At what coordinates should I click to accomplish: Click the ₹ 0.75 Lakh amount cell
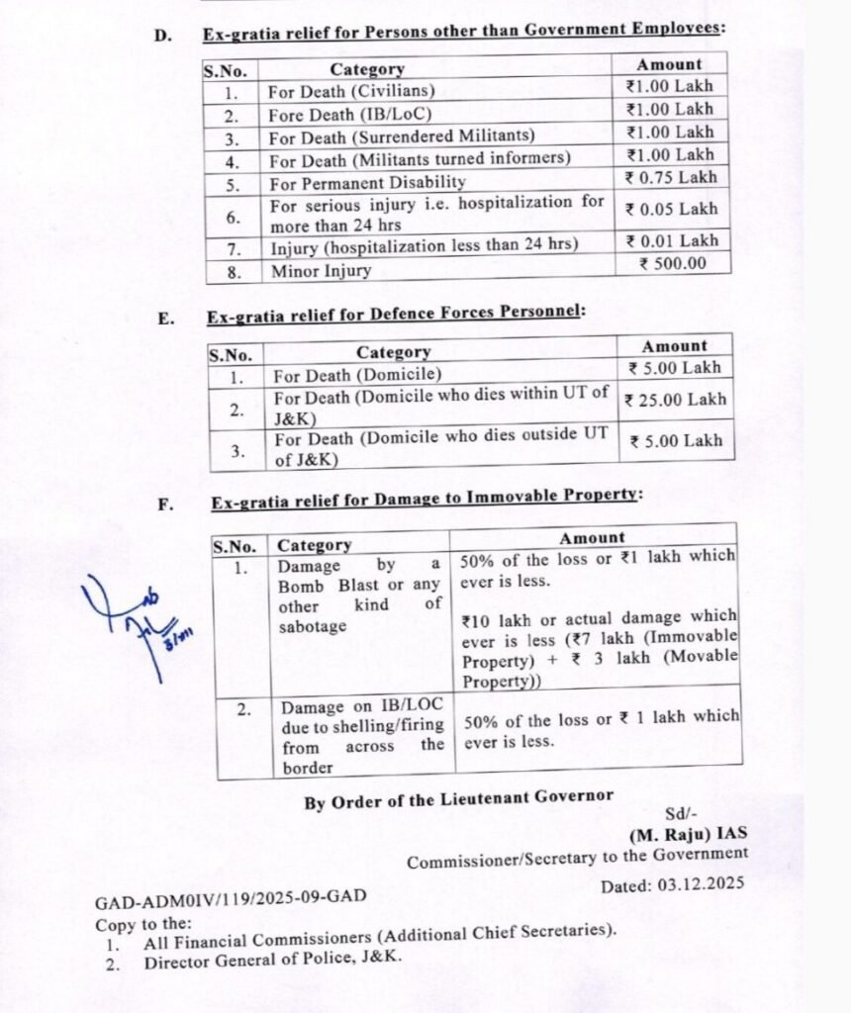point(671,179)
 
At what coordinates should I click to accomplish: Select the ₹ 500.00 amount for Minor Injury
point(672,264)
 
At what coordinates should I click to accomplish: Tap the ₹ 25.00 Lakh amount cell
point(676,401)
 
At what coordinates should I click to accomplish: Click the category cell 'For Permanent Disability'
point(367,183)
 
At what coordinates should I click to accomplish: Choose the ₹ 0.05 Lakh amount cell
point(671,210)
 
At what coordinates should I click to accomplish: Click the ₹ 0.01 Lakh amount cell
point(672,241)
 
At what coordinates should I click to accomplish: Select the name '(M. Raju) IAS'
point(694,834)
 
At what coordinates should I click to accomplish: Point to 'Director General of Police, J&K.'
point(273,959)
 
